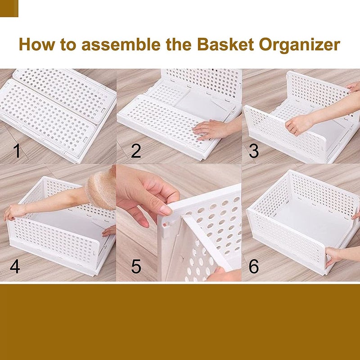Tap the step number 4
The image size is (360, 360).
point(15,266)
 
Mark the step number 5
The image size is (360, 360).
point(136,266)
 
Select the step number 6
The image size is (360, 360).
point(254,266)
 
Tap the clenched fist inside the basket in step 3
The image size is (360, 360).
point(297,124)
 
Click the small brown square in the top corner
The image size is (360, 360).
point(9,8)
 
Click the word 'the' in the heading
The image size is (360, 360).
point(177,45)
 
